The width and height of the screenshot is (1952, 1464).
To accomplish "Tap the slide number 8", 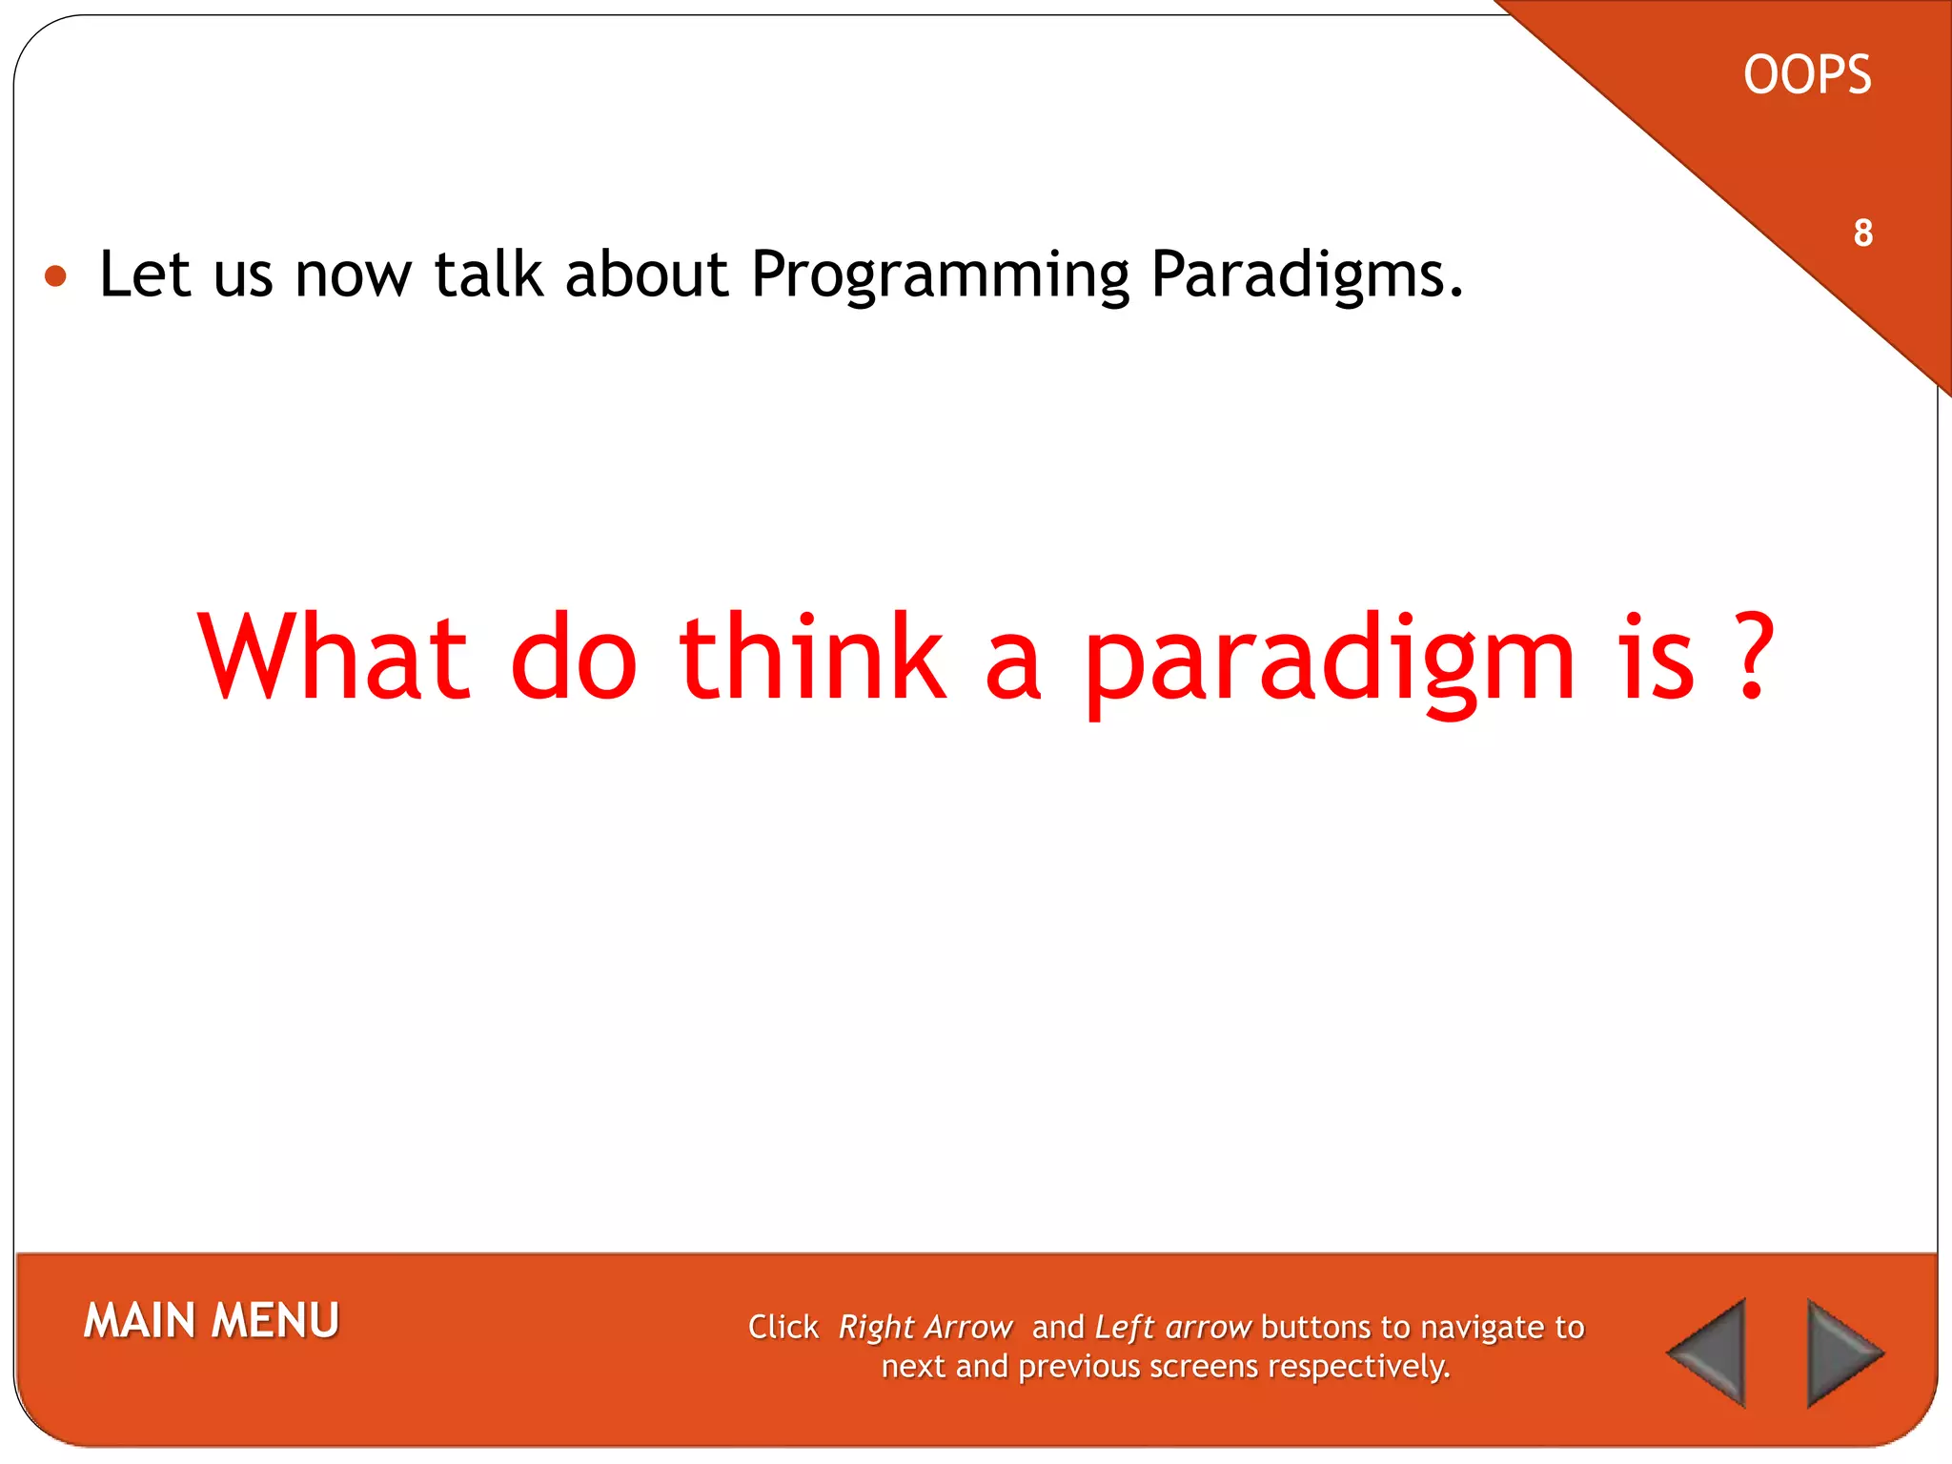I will pyautogui.click(x=1862, y=233).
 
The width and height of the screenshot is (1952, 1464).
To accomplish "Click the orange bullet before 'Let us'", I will pyautogui.click(x=56, y=277).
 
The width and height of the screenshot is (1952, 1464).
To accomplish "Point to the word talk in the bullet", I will pyautogui.click(x=488, y=274).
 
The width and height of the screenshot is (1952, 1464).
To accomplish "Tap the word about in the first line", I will pyautogui.click(x=647, y=274).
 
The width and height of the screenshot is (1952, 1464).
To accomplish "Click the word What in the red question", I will pyautogui.click(x=334, y=658).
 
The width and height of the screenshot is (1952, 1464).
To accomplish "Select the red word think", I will pyautogui.click(x=812, y=658).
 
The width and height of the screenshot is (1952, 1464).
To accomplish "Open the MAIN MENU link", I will pyautogui.click(x=212, y=1321).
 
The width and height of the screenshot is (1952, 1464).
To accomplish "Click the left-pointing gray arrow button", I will pyautogui.click(x=1710, y=1352).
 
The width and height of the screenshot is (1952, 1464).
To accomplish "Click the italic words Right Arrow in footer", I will pyautogui.click(x=925, y=1328).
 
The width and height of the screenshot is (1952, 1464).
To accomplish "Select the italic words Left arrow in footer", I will pyautogui.click(x=1172, y=1328).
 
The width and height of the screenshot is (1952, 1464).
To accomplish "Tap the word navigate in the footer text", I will pyautogui.click(x=1483, y=1328).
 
